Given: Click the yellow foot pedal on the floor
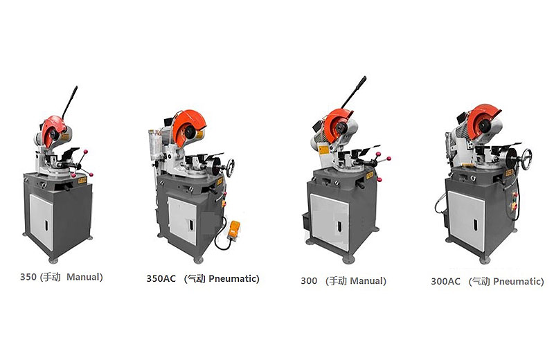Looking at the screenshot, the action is (234, 228).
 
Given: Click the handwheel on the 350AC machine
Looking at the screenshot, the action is (231, 168).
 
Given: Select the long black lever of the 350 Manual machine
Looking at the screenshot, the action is (70, 102).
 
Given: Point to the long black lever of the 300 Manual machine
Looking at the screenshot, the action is (354, 92).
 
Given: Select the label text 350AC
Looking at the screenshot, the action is (161, 278).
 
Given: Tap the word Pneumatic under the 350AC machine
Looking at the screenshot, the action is (233, 278).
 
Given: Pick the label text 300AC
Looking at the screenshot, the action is (445, 281).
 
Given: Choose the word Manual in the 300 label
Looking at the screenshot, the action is (367, 281).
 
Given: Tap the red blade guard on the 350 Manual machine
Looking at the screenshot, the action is (53, 130).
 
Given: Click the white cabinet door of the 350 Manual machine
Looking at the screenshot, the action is (42, 221).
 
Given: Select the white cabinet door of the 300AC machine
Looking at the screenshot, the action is (466, 220).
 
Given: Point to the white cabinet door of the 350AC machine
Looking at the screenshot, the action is (182, 220).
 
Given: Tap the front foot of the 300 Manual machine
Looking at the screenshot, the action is (348, 260).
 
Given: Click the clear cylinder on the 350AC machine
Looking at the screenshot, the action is (153, 143).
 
